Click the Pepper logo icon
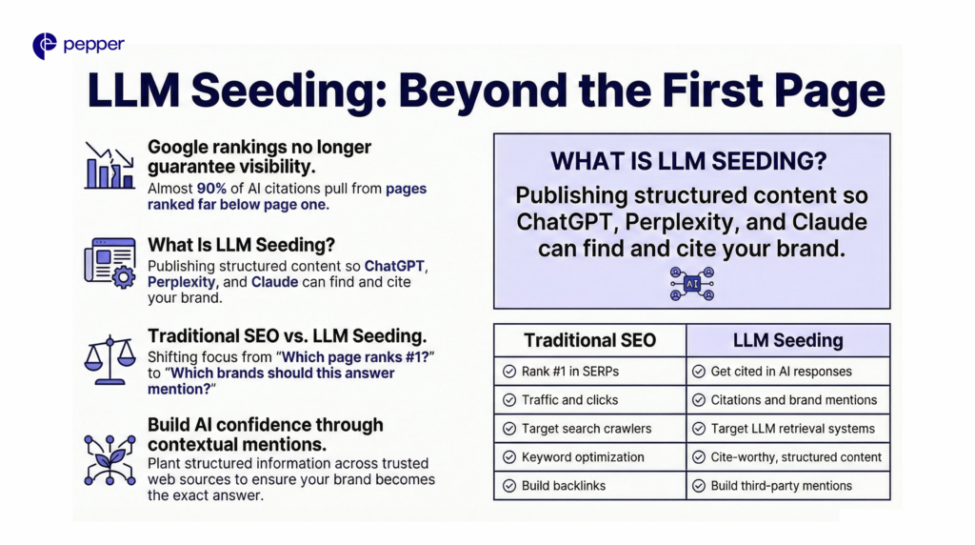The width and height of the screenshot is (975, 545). point(44,46)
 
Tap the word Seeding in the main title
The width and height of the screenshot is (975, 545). point(289,91)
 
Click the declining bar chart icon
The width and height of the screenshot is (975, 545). point(109,166)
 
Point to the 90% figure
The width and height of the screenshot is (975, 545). point(211,189)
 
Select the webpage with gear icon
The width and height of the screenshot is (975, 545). point(110,263)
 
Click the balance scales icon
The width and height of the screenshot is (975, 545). point(110,360)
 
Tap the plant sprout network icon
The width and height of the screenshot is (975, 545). point(110,460)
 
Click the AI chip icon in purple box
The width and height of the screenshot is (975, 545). point(692,284)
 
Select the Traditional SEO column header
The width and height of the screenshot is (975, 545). point(590,340)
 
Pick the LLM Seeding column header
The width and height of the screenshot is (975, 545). point(787,340)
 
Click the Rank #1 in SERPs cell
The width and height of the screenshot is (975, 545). point(590,372)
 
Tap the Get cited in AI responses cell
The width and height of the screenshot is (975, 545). point(787,372)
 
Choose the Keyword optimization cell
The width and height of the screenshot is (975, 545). point(590,457)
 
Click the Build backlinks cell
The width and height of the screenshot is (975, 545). point(590,486)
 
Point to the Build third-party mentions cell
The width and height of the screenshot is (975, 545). point(787,486)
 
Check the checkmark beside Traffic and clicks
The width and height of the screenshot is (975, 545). point(509,400)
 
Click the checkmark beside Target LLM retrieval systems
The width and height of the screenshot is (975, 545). point(699,429)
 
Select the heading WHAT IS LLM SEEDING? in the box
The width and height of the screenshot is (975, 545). point(688,162)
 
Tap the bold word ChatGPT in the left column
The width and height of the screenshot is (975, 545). point(394,266)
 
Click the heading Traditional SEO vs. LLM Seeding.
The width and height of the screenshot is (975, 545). point(288,336)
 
